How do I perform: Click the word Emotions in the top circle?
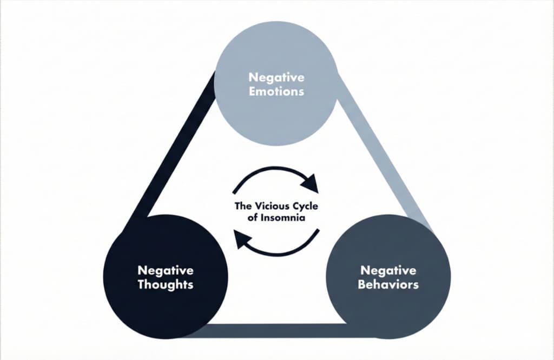click(276, 91)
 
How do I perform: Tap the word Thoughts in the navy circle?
click(165, 284)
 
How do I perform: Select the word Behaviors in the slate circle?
click(388, 284)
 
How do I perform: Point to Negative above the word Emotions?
click(276, 78)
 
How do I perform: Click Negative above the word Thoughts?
click(165, 270)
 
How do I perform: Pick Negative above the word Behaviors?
click(388, 270)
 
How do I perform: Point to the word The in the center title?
click(242, 206)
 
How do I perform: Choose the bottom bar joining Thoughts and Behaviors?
click(276, 330)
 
